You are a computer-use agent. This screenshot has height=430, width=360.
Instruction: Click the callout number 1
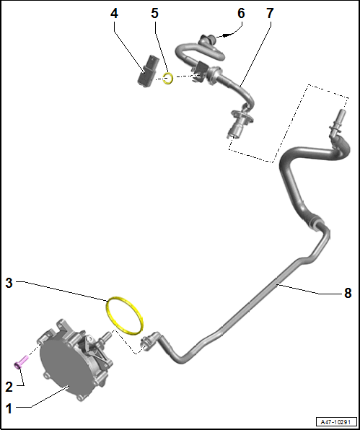[9, 408]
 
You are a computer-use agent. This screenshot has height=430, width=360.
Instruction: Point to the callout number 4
[115, 13]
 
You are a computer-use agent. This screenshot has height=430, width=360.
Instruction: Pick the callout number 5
[154, 13]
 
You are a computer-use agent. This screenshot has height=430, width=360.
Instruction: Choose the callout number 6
[241, 13]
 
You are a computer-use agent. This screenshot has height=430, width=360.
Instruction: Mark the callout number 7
[270, 13]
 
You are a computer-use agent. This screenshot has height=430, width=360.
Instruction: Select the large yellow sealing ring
[123, 315]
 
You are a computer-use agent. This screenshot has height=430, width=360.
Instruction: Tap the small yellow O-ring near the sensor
[167, 77]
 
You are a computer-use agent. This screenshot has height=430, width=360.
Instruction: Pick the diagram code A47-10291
[335, 421]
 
